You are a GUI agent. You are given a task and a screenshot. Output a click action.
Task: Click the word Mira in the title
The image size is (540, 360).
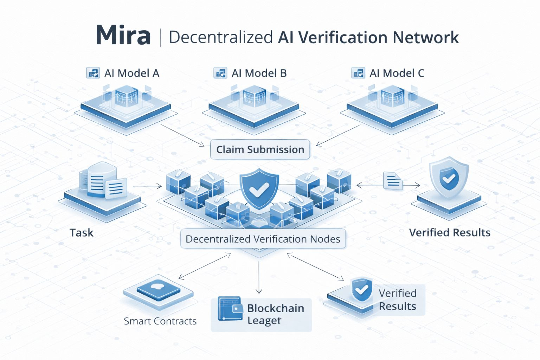tap(123, 36)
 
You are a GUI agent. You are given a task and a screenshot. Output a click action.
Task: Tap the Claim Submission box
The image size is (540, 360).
tap(260, 149)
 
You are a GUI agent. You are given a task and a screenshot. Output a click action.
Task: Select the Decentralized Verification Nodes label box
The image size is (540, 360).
tap(263, 239)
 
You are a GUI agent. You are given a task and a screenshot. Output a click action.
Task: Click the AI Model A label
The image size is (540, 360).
tap(132, 73)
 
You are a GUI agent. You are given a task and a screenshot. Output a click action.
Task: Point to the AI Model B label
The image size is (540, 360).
tap(259, 73)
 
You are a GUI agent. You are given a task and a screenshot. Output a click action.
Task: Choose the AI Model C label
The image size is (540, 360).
tap(397, 73)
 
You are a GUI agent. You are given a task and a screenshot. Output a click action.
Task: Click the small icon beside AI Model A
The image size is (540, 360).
tap(93, 73)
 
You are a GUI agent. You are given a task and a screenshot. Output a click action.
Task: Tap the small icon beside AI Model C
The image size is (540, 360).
tap(358, 73)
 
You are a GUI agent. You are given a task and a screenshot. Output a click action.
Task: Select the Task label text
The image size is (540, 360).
tap(82, 233)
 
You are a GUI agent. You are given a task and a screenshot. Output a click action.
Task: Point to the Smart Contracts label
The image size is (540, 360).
tap(160, 321)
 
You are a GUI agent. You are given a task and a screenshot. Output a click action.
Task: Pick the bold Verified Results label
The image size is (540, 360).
tap(450, 233)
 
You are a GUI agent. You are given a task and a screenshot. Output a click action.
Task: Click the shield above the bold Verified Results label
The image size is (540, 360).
tap(449, 178)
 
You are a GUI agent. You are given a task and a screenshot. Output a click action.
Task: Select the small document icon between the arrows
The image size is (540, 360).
tap(393, 181)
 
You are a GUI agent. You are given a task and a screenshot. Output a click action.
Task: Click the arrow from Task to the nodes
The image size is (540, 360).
tap(147, 186)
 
